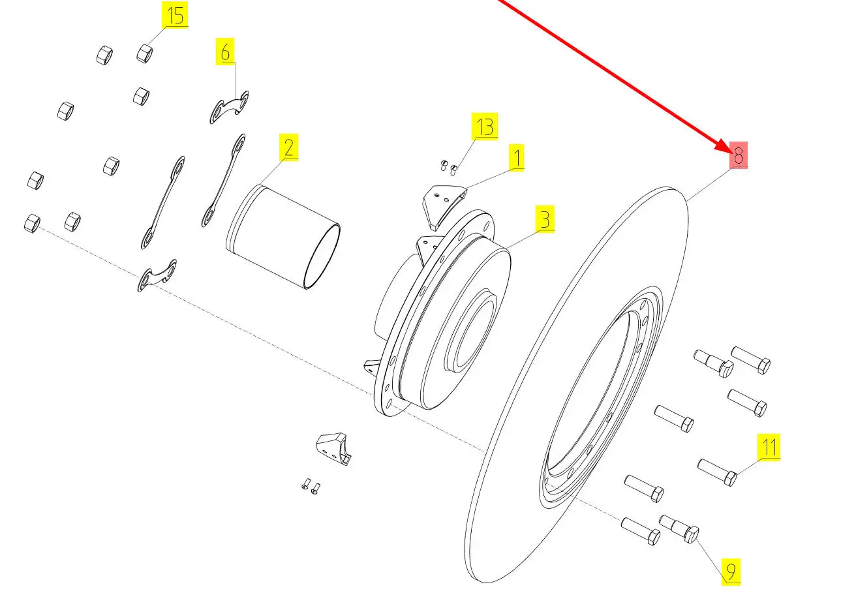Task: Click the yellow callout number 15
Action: click(175, 14)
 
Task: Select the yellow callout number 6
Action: click(225, 51)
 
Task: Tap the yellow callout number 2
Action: click(288, 147)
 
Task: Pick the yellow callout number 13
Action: click(485, 126)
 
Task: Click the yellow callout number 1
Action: click(516, 157)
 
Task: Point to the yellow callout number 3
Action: click(545, 219)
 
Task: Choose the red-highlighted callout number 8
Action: click(739, 155)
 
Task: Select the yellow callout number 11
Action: click(769, 447)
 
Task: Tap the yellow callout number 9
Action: click(731, 571)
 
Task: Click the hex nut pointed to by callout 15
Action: click(145, 53)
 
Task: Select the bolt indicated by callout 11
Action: click(717, 472)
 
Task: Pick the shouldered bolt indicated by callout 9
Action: click(679, 528)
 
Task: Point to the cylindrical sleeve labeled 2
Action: click(283, 237)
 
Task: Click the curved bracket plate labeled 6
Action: click(229, 107)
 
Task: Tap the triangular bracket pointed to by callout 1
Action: click(443, 206)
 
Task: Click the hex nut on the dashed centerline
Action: click(32, 223)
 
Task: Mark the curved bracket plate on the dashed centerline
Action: click(157, 275)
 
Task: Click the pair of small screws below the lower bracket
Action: click(311, 486)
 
